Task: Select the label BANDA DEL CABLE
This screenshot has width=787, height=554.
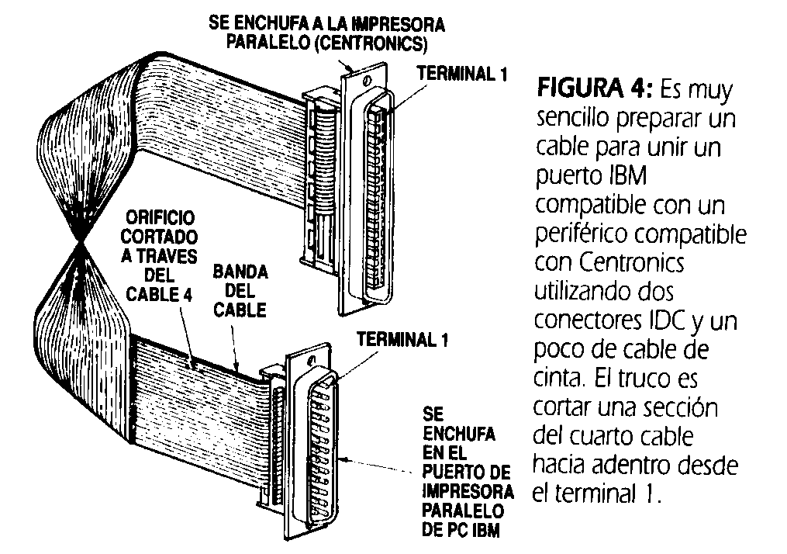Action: click(x=240, y=291)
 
